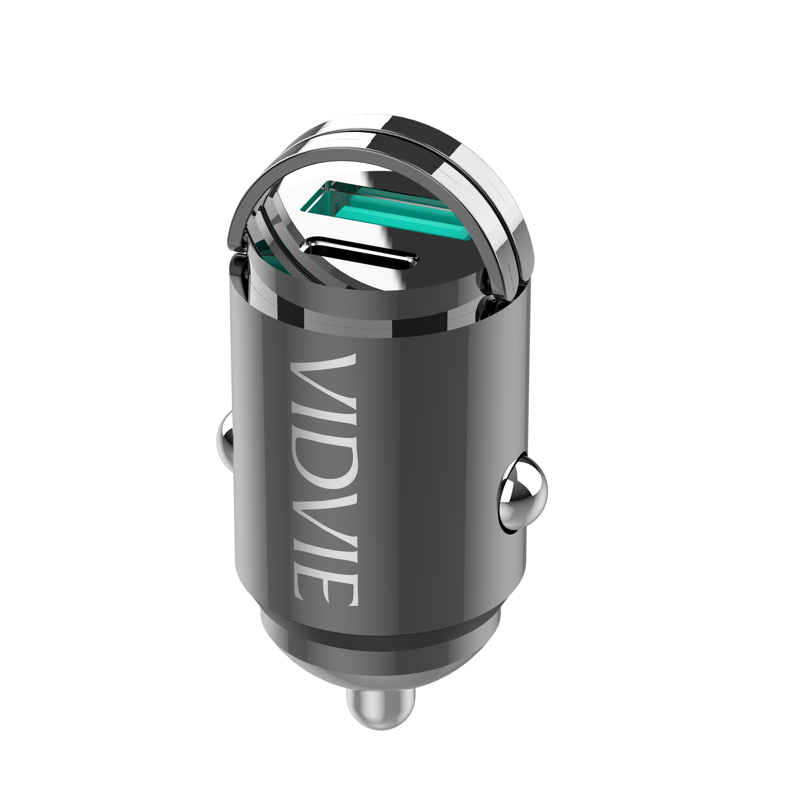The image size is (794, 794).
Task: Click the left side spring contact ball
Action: click(x=226, y=437)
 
